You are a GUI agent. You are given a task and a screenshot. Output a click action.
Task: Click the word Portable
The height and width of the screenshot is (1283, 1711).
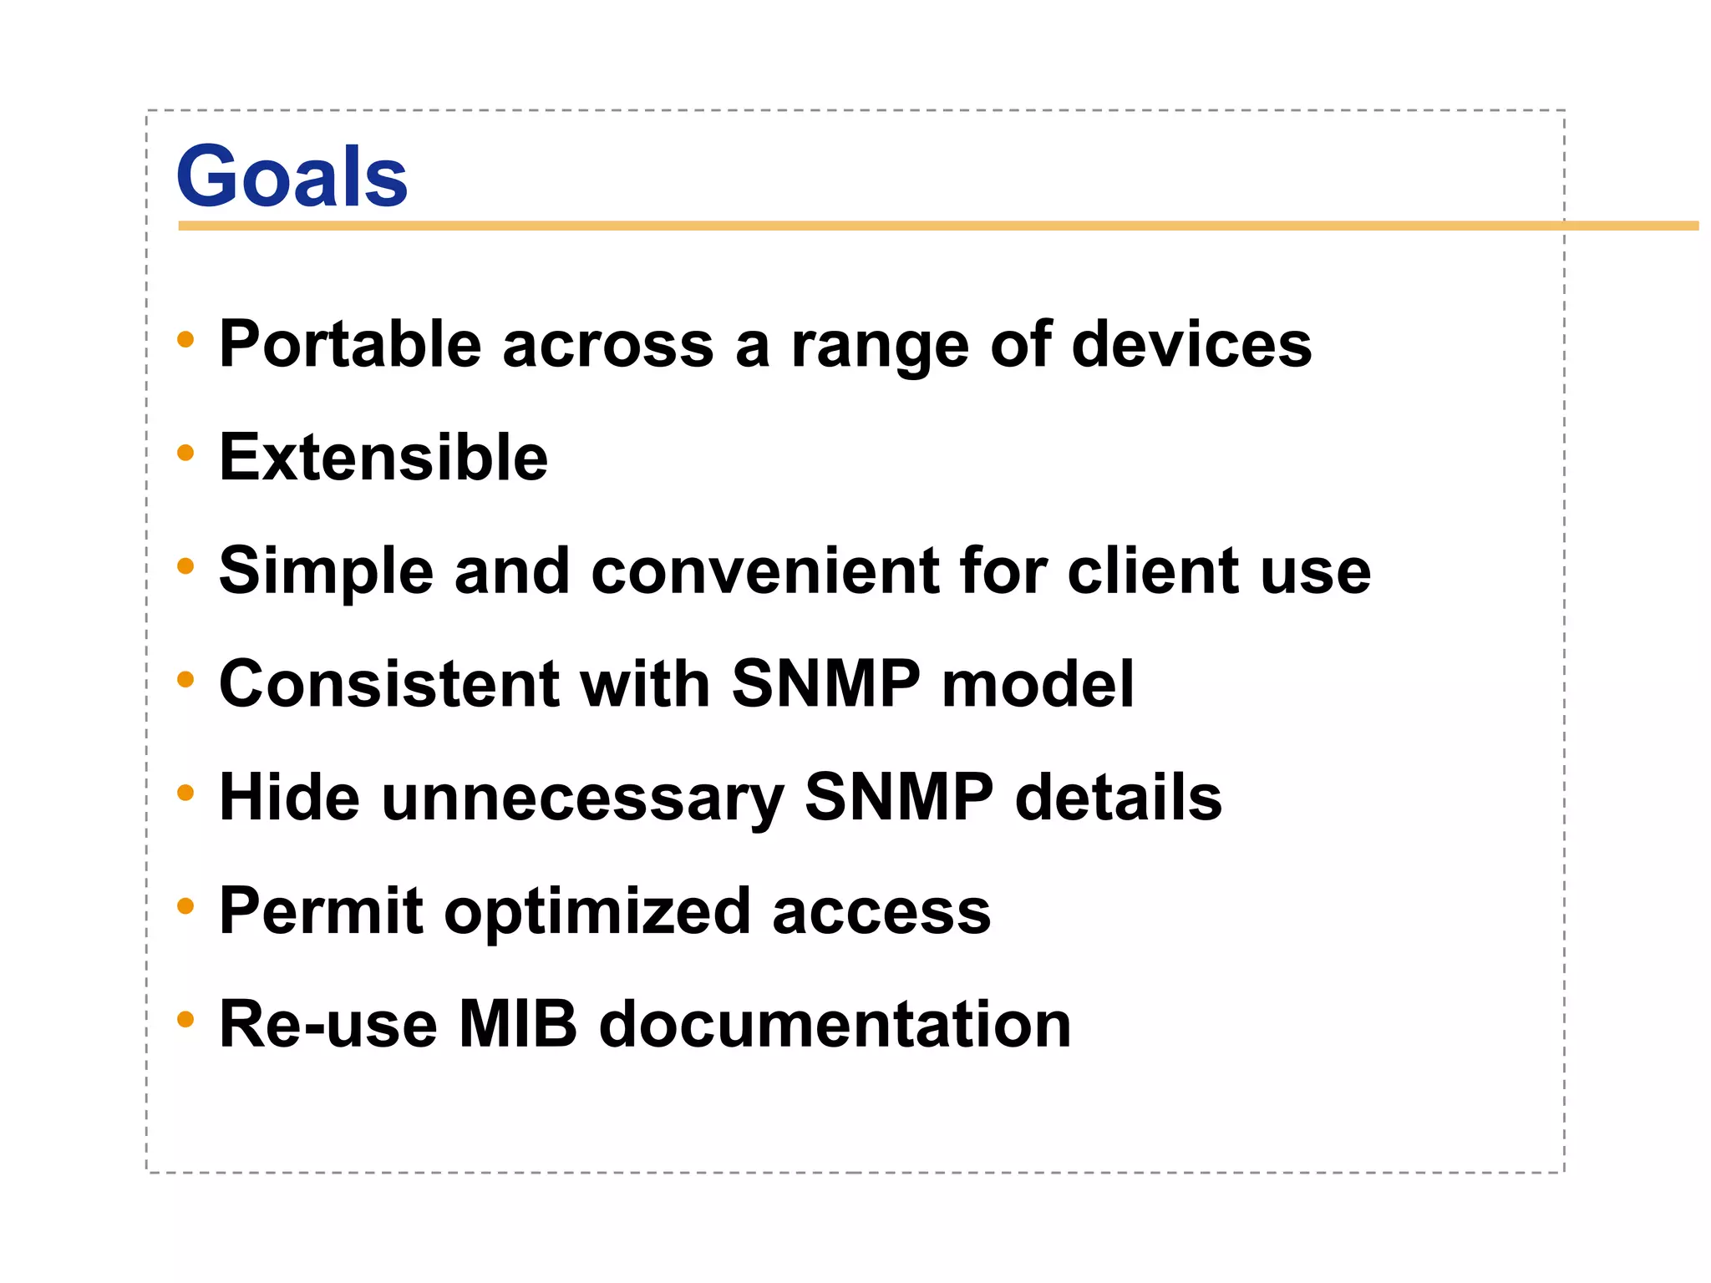350,343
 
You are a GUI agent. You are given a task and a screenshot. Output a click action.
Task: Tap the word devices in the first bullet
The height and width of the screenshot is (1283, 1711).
1191,343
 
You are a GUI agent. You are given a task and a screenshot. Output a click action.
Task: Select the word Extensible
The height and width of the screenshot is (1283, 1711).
383,457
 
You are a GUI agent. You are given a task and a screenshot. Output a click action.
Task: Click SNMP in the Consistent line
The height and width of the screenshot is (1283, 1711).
825,683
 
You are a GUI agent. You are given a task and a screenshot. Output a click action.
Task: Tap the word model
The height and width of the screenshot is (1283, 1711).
1038,683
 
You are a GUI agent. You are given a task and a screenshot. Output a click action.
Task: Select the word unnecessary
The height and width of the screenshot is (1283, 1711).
582,798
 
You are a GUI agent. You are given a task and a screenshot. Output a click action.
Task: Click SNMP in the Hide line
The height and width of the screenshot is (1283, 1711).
899,797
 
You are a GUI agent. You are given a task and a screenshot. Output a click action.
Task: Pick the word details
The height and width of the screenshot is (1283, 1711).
1118,797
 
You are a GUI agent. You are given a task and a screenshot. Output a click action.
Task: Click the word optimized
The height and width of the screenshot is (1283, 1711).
597,912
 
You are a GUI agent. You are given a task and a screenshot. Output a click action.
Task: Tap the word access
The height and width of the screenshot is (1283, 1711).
881,912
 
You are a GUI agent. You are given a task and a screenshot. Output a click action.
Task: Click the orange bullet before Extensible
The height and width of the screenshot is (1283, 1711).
185,453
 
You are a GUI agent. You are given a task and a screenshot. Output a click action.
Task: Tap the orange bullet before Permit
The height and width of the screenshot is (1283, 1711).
185,905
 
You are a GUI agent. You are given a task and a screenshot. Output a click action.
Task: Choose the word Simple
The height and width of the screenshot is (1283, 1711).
326,572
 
